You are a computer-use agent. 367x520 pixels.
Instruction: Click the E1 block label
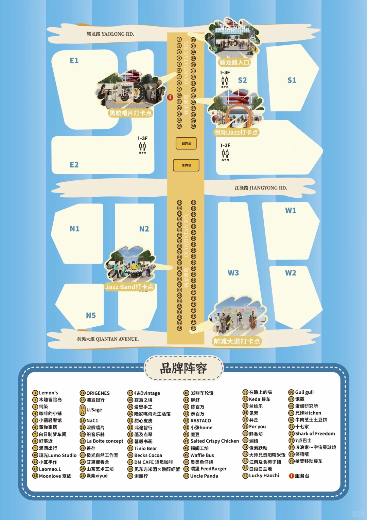click(74, 61)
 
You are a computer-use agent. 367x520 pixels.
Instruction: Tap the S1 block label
click(292, 80)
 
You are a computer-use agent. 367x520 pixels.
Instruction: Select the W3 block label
click(233, 273)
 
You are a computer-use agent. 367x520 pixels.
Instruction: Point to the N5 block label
click(91, 316)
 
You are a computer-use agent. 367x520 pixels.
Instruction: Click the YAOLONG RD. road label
click(110, 34)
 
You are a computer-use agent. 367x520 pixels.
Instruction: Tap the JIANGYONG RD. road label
click(261, 188)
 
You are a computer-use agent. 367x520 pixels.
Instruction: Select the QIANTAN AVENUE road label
click(108, 339)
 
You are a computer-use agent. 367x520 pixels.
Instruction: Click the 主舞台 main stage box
click(186, 165)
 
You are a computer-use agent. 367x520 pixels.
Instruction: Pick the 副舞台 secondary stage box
click(186, 143)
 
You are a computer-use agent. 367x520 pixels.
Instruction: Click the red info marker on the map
click(170, 97)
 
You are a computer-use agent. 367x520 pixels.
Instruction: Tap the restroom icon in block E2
click(142, 147)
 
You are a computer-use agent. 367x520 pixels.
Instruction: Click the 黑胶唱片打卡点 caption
click(130, 113)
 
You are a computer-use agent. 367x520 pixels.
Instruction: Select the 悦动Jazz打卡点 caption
click(237, 132)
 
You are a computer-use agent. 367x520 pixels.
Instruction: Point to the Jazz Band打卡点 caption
click(129, 287)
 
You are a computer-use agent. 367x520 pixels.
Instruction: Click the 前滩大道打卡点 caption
click(237, 341)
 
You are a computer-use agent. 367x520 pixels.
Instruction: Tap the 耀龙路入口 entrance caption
click(234, 62)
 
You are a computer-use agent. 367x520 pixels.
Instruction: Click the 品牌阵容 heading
click(183, 368)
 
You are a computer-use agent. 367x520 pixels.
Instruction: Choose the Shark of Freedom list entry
click(315, 434)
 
